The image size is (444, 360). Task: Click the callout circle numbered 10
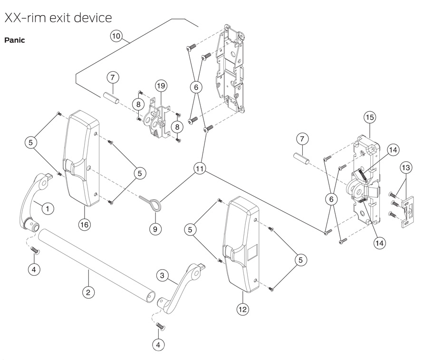(x=117, y=36)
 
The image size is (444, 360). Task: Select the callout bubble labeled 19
(x=161, y=86)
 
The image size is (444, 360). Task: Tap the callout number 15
(x=370, y=117)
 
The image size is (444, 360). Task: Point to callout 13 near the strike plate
(x=406, y=167)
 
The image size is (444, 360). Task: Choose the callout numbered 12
(x=243, y=309)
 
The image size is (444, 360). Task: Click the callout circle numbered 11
(x=200, y=169)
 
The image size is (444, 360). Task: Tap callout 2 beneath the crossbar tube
(x=87, y=292)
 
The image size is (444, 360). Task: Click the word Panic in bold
(x=14, y=40)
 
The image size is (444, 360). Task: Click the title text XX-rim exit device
(x=58, y=18)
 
